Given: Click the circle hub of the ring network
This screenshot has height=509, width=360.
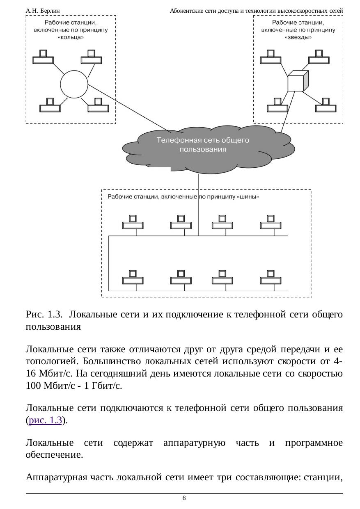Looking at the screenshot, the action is tap(74, 84).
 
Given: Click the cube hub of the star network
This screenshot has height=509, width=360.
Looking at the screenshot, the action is tap(298, 81).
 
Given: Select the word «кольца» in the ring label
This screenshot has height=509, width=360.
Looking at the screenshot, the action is tap(71, 37).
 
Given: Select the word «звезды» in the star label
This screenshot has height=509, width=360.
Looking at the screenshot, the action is tap(298, 37).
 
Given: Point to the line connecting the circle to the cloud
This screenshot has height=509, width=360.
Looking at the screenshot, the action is tap(129, 108).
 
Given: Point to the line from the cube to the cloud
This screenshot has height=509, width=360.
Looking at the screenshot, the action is tap(288, 112).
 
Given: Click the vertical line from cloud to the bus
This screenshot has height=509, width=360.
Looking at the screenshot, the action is tap(198, 205).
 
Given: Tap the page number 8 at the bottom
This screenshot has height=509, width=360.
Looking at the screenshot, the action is tap(184, 498).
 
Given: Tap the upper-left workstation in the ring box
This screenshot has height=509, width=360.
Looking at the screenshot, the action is tap(43, 57).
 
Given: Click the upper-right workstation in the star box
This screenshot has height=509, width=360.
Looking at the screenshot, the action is tap(319, 57).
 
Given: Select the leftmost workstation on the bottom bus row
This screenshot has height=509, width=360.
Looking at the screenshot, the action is tap(133, 277).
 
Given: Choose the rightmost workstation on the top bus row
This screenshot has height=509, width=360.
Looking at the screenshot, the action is tap(271, 222).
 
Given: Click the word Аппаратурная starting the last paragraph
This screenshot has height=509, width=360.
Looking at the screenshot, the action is tap(56, 477).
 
